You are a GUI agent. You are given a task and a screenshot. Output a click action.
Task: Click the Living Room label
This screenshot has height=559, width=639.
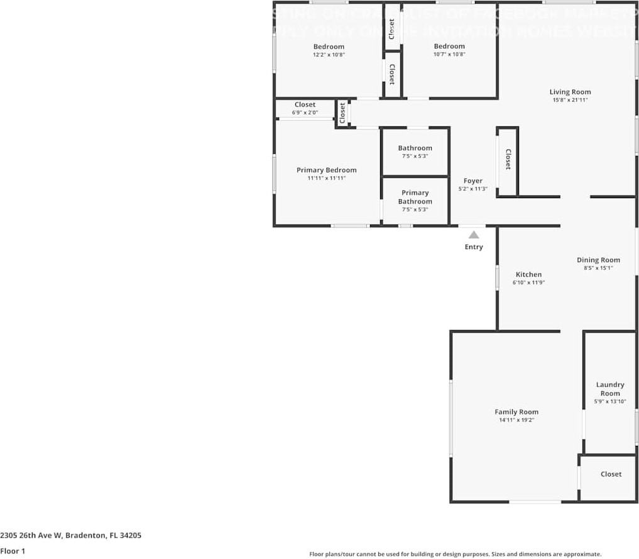point(570,92)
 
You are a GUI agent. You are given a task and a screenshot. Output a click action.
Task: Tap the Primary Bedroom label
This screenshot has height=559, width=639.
point(326,170)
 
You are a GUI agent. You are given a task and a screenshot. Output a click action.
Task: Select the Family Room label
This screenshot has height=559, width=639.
point(516,412)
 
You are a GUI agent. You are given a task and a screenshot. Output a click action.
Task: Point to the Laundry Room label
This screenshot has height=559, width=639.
point(610,389)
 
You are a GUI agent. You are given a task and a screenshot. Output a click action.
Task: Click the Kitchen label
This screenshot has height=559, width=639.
point(528,274)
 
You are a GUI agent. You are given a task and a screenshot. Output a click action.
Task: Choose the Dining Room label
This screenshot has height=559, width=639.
point(598,260)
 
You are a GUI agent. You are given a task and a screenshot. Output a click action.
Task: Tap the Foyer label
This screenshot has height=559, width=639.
point(473,180)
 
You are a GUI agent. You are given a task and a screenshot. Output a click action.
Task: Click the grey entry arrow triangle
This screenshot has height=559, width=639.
point(474,235)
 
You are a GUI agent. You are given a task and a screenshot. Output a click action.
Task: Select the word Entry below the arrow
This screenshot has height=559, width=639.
point(474,247)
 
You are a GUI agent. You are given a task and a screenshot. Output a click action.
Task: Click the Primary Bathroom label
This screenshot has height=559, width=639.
point(415,197)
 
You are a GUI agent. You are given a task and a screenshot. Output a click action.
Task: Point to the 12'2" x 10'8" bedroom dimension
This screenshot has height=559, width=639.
point(329,55)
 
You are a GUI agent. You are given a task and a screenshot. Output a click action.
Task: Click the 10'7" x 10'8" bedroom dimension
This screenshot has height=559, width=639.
point(449,55)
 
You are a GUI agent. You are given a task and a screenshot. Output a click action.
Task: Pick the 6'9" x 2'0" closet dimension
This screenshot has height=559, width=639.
point(305,113)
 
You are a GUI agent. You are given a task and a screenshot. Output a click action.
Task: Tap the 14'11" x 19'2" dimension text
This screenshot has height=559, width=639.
point(516,420)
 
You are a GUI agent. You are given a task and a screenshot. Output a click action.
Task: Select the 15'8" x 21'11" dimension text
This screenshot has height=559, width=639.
point(570,100)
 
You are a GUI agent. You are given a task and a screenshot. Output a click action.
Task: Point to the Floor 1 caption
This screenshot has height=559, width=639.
point(13,551)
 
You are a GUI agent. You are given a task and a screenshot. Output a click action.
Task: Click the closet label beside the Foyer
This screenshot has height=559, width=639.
point(508,160)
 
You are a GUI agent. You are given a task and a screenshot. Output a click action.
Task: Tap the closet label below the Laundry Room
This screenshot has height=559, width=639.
point(611,474)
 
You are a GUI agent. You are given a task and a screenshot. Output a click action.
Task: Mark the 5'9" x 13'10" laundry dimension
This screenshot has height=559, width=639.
point(610,401)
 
